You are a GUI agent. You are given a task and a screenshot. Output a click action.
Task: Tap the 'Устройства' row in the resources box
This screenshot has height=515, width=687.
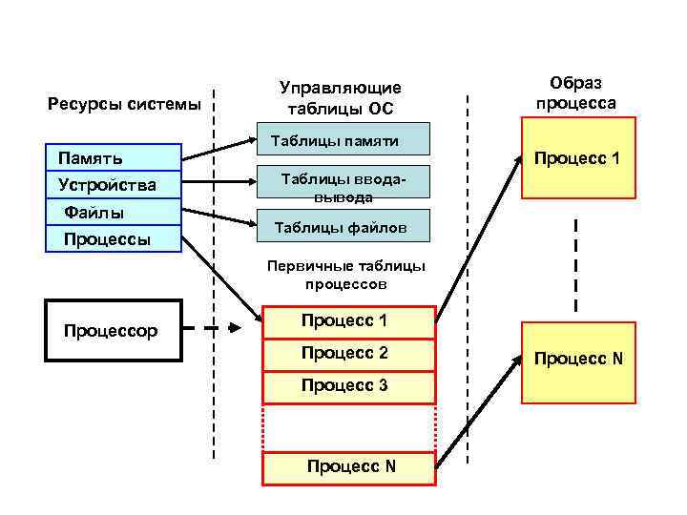point(114,184)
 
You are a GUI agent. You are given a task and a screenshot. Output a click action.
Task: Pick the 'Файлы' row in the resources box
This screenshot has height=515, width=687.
point(114,211)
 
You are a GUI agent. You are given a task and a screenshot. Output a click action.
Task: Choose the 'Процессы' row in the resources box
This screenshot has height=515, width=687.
point(114,237)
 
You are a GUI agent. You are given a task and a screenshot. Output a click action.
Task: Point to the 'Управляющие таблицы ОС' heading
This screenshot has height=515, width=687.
point(340,98)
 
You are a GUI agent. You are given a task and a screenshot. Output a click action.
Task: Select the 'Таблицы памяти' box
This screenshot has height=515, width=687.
point(347,140)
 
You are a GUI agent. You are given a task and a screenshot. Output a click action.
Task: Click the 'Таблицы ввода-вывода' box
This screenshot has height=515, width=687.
point(347,187)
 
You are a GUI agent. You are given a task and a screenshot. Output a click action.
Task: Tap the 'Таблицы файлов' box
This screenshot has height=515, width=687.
point(347,227)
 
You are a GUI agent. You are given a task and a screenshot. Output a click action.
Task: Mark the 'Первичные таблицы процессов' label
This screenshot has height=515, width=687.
point(346,275)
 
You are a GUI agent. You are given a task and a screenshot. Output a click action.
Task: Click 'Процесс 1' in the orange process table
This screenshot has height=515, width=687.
point(347,321)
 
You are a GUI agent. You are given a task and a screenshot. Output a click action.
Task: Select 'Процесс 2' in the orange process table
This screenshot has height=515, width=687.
point(347,354)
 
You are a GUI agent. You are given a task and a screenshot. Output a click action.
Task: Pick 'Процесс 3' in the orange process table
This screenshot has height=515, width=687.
point(347,386)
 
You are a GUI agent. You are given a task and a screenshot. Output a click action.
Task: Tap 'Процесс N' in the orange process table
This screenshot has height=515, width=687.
point(349,466)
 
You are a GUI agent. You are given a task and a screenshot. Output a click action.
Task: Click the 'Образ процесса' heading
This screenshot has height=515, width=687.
point(577,93)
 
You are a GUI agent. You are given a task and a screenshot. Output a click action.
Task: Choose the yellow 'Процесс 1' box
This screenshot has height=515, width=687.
point(577,158)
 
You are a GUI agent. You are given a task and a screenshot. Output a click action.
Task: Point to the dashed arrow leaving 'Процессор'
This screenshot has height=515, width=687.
point(212,329)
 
